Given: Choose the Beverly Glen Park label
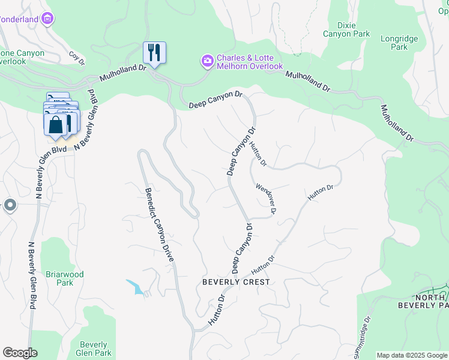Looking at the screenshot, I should point(94,349).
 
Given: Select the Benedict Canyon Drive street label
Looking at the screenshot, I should point(159,225).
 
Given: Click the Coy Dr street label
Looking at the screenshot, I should point(77,57).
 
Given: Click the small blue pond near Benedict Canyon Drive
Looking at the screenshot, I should point(136,286).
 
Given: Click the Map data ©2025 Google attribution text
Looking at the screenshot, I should point(412,355).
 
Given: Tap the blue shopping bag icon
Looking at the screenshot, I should point(55,125).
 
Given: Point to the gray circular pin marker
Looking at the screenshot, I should point(10,206).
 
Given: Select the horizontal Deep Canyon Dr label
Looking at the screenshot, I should point(215,99).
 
